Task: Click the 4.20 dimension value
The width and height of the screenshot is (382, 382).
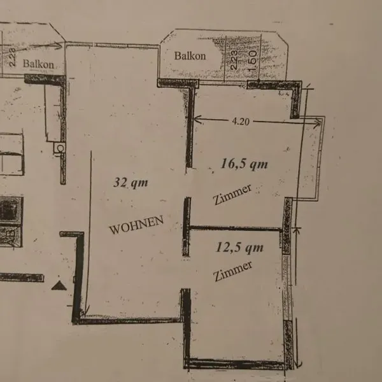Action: [241, 122]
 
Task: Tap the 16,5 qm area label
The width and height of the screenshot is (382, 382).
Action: [244, 164]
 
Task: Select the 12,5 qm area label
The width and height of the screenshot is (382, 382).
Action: [240, 248]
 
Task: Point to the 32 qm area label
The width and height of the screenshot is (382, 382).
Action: [131, 183]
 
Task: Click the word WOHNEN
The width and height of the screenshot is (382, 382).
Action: [136, 225]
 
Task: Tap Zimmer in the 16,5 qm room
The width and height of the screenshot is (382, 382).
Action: [232, 194]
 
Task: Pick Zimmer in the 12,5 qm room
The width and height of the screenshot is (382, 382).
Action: [232, 271]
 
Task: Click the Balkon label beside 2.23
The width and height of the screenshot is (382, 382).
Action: [190, 56]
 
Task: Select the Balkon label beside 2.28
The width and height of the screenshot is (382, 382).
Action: [38, 64]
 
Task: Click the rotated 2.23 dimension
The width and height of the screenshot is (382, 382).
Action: [234, 60]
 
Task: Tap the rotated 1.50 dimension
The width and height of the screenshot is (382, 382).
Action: [252, 60]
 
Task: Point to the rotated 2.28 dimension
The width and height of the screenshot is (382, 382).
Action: [12, 57]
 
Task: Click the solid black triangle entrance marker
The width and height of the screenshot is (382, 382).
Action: [59, 285]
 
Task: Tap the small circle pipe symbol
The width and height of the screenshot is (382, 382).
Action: [60, 148]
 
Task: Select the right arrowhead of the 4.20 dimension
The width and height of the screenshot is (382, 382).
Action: [317, 124]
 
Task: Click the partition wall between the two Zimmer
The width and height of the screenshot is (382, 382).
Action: [235, 229]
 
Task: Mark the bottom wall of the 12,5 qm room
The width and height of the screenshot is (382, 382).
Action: [235, 364]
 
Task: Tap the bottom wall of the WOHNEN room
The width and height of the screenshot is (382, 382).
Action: [129, 320]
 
